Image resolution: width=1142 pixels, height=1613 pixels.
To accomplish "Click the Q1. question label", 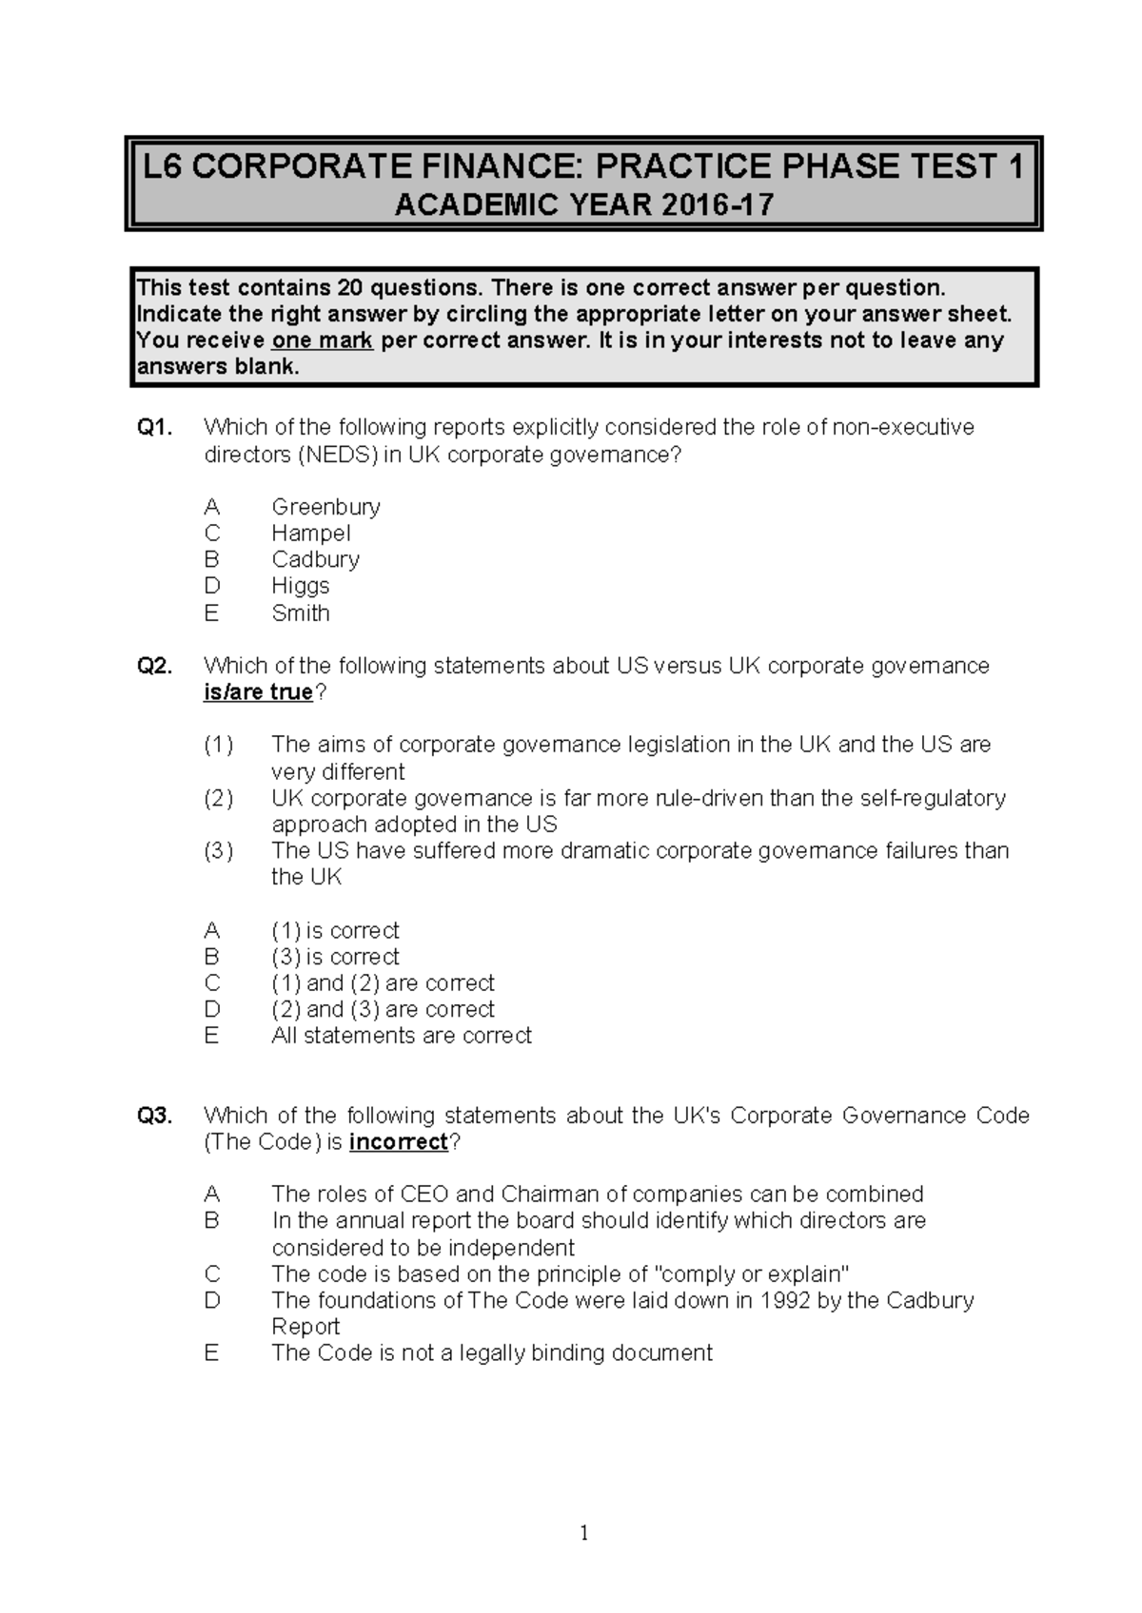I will [156, 428].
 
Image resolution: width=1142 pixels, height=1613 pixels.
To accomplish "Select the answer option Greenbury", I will [325, 507].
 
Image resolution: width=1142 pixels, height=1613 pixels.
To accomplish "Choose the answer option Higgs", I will [300, 586].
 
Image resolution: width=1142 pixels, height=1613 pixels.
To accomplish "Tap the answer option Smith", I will [300, 612].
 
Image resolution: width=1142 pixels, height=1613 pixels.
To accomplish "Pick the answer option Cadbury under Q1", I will [315, 559].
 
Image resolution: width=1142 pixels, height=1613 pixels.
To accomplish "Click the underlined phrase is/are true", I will [258, 692].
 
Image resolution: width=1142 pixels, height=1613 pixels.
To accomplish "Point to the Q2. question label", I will [156, 666].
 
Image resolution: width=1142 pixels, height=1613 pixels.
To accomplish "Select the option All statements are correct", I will [401, 1036].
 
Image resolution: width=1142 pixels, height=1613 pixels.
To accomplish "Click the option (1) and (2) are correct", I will [383, 982].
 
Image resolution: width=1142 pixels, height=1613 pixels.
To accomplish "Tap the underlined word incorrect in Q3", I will [398, 1141].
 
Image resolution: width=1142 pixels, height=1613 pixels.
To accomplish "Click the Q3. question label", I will [156, 1115].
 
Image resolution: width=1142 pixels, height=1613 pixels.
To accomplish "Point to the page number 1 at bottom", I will [584, 1532].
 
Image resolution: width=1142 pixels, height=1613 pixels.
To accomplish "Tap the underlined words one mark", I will [322, 340].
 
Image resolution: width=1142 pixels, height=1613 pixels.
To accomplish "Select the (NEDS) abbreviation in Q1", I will [339, 455].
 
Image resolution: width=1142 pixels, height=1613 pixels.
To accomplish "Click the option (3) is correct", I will [335, 957].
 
